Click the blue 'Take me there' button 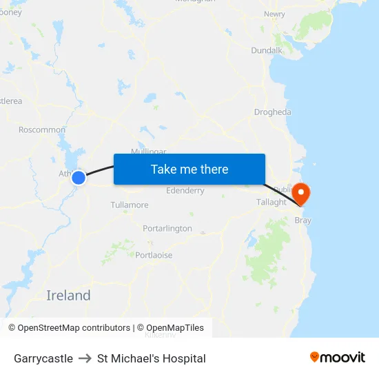point(189,170)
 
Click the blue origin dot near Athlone point(79,178)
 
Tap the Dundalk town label point(267,50)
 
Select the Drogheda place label point(273,112)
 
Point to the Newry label point(274,14)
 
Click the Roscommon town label point(42,130)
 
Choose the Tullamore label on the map point(130,205)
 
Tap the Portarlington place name point(167,228)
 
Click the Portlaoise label point(154,255)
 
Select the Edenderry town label point(185,191)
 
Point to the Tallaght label point(272,202)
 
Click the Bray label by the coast point(303,221)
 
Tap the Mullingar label point(149,151)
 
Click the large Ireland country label point(68,296)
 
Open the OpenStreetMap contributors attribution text point(69,328)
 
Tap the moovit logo point(338,358)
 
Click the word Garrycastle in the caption point(43,358)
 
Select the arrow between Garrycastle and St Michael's point(85,358)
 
